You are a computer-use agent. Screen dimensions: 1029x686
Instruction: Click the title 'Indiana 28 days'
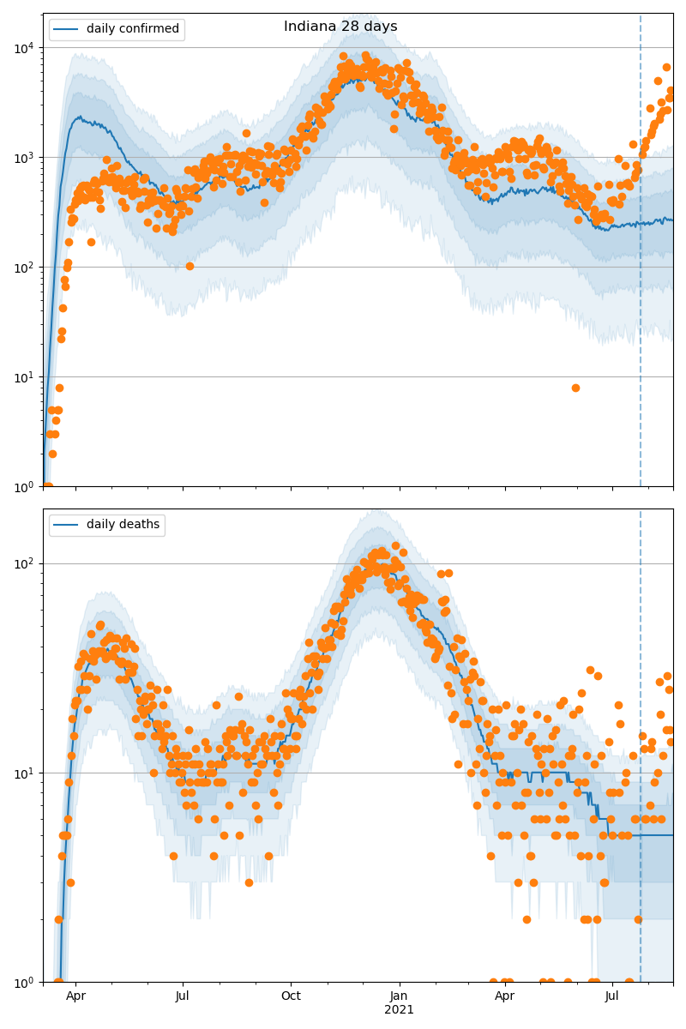click(x=340, y=27)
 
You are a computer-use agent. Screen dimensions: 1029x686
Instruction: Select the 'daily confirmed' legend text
click(x=133, y=29)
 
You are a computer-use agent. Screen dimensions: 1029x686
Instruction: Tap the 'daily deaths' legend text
click(x=123, y=525)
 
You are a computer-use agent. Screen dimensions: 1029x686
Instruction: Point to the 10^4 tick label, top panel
click(x=24, y=47)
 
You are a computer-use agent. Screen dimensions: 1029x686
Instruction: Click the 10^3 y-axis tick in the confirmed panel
click(x=24, y=157)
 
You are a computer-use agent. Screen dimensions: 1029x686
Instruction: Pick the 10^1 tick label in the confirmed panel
click(x=24, y=376)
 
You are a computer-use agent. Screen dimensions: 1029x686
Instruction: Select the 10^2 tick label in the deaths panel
click(x=24, y=563)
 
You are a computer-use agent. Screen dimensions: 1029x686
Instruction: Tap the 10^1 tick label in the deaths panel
click(x=24, y=773)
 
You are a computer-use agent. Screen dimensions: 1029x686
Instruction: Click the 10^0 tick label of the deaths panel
click(x=24, y=982)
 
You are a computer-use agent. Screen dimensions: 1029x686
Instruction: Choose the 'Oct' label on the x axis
click(x=291, y=996)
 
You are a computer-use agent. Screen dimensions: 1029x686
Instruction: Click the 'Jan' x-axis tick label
click(x=399, y=996)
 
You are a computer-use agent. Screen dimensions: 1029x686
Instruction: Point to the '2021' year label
click(x=399, y=1010)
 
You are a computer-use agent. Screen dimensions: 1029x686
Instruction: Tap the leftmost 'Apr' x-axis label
click(x=75, y=996)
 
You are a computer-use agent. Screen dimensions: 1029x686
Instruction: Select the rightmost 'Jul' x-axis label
click(x=612, y=996)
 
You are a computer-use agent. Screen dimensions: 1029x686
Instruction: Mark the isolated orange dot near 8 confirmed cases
click(x=575, y=388)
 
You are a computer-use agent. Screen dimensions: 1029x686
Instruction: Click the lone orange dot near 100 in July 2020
click(x=190, y=266)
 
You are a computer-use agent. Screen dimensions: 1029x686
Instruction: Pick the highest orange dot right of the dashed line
click(x=666, y=67)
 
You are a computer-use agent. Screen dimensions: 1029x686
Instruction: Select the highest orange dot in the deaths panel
click(x=395, y=545)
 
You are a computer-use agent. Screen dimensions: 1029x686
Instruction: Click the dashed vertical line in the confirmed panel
click(x=641, y=257)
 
